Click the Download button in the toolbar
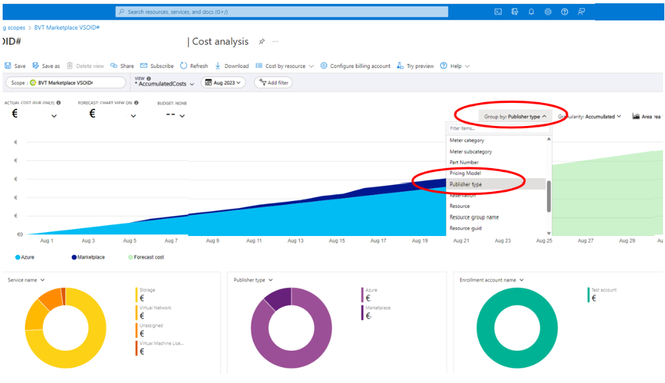pyautogui.click(x=232, y=66)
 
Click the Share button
pyautogui.click(x=122, y=66)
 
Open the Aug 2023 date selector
pyautogui.click(x=223, y=82)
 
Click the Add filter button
pyautogui.click(x=273, y=82)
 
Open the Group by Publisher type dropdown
pyautogui.click(x=515, y=117)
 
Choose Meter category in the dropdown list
pyautogui.click(x=467, y=140)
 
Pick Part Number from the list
pyautogui.click(x=464, y=162)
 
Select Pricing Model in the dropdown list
pyautogui.click(x=466, y=173)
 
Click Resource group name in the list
pyautogui.click(x=474, y=217)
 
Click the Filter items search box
pyautogui.click(x=499, y=129)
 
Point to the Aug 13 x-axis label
pyautogui.click(x=296, y=241)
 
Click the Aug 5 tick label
pyautogui.click(x=129, y=241)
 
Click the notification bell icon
pyautogui.click(x=531, y=12)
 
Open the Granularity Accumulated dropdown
pyautogui.click(x=590, y=117)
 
